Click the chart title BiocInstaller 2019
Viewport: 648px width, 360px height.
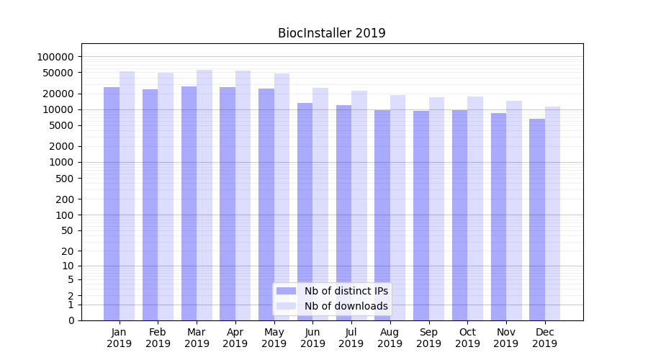pyautogui.click(x=332, y=33)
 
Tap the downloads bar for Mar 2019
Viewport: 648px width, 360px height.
pyautogui.click(x=204, y=195)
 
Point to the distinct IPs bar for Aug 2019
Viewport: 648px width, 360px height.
pyautogui.click(x=382, y=215)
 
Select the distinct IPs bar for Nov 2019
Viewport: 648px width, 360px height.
pyautogui.click(x=498, y=217)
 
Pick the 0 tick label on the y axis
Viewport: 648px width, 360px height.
pyautogui.click(x=72, y=320)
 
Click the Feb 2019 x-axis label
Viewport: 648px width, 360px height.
pyautogui.click(x=158, y=338)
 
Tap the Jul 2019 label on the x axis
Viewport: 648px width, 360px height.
pyautogui.click(x=351, y=338)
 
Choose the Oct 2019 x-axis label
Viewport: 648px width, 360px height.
pyautogui.click(x=467, y=338)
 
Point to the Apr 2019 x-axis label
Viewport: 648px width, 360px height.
pyautogui.click(x=235, y=338)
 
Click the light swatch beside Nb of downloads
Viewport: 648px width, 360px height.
pyautogui.click(x=287, y=306)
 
